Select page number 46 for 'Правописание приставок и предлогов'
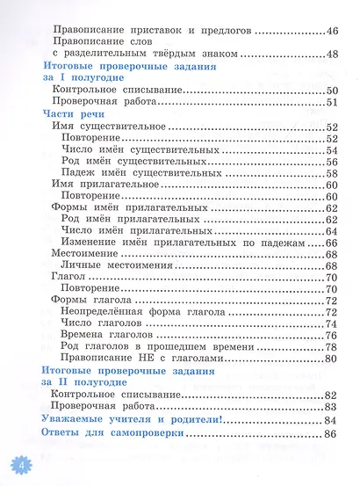[332, 31]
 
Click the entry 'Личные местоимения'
[114, 265]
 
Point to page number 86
[331, 432]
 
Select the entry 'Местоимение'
[86, 254]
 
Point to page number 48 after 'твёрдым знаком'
[332, 54]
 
